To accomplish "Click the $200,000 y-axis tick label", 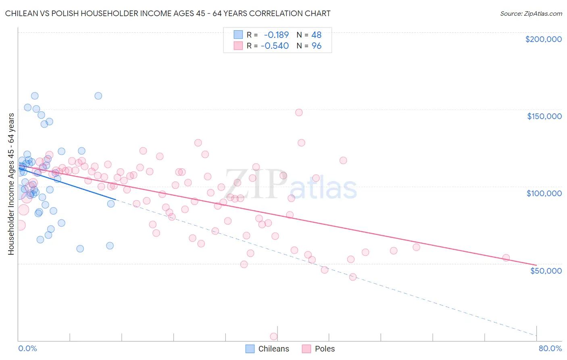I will point(543,39).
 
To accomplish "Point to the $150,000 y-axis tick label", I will point(544,116).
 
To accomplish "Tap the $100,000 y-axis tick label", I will point(544,193).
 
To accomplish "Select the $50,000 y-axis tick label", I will point(546,270).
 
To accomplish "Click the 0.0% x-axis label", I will point(27,348).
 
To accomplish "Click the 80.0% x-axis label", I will point(550,348).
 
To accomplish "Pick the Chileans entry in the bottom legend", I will point(273,349).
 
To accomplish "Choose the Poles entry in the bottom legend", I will point(325,349).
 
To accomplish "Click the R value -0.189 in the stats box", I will point(276,35).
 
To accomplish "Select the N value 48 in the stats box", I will point(316,35).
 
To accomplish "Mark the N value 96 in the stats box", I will point(317,46).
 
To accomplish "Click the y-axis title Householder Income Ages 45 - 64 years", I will point(11,184).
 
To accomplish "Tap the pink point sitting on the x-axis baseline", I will point(273,337).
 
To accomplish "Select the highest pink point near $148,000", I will point(299,113).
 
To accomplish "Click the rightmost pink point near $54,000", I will point(506,258).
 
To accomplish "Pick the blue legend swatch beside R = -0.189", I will point(238,35).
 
